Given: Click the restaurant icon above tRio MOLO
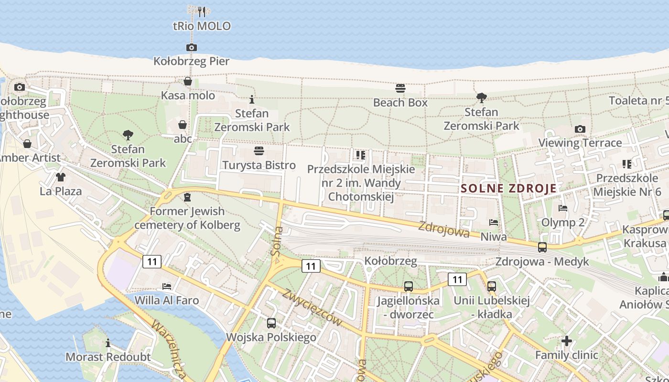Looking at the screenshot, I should pos(202,11).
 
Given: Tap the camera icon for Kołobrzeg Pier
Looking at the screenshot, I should pos(191,47).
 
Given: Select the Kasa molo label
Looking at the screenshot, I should pos(188,95).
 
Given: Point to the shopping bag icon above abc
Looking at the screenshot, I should pos(183,125).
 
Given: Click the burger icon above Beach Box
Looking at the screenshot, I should pos(400,88).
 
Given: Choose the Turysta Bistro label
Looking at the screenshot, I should pos(259,165).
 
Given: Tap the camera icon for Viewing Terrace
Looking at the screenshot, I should pos(580,129).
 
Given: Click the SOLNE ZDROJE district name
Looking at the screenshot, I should pos(509,188).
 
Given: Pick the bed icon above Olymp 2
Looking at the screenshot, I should pos(563,208).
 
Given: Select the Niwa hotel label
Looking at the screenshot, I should pos(494,236).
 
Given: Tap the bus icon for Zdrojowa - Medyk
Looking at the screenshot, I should pos(542,247).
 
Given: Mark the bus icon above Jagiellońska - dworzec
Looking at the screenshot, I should pos(409,286).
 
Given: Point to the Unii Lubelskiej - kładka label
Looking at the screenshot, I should pos(492,307).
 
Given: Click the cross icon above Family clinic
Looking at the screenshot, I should pos(567,341).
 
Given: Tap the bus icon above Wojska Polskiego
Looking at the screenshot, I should pos(271,323).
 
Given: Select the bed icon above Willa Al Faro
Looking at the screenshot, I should pos(167,286).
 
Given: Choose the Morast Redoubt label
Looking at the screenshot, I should pos(108,357).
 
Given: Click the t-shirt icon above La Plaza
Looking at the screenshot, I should pos(60,177).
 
